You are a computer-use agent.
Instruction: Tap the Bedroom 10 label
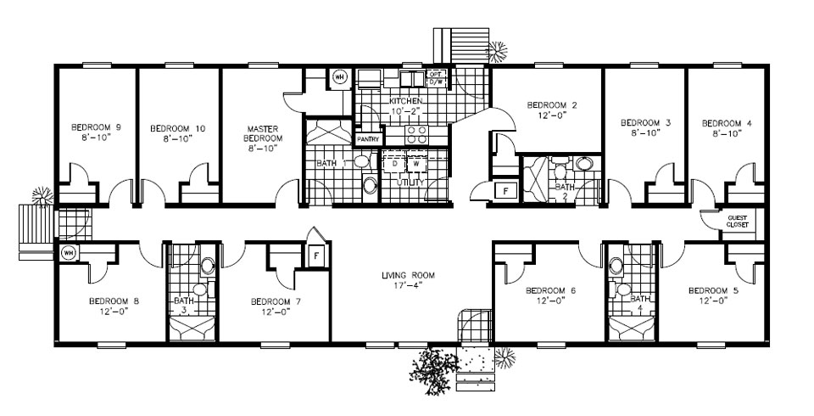pyautogui.click(x=177, y=128)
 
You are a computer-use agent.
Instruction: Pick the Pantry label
pyautogui.click(x=368, y=138)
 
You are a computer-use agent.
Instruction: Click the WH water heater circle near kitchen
pyautogui.click(x=339, y=77)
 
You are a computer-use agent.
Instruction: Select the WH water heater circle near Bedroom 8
pyautogui.click(x=68, y=252)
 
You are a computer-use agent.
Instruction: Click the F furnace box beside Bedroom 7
pyautogui.click(x=315, y=255)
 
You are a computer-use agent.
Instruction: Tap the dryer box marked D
pyautogui.click(x=394, y=164)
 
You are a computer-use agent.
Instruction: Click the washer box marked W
pyautogui.click(x=415, y=164)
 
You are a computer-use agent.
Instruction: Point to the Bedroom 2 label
pyautogui.click(x=551, y=105)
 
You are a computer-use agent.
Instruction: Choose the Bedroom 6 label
pyautogui.click(x=550, y=291)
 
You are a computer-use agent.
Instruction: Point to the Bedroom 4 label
pyautogui.click(x=727, y=123)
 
